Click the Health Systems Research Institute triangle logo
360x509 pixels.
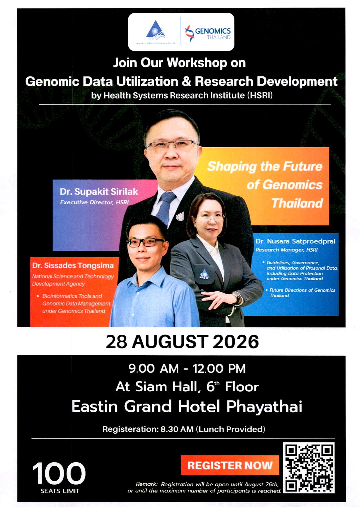(156, 30)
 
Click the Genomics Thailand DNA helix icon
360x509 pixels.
(189, 33)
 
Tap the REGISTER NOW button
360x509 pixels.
(230, 465)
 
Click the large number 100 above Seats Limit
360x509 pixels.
(59, 474)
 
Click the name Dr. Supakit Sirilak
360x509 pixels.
(99, 191)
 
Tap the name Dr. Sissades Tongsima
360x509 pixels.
(73, 266)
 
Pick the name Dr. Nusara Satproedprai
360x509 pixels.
(295, 241)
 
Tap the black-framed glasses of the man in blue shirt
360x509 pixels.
(146, 242)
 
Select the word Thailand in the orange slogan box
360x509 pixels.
(297, 203)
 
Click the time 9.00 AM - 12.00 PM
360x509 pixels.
(187, 368)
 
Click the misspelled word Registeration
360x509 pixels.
(130, 429)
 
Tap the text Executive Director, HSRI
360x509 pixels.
(94, 202)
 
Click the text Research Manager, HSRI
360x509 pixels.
(286, 250)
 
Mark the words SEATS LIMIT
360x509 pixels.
(60, 491)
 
